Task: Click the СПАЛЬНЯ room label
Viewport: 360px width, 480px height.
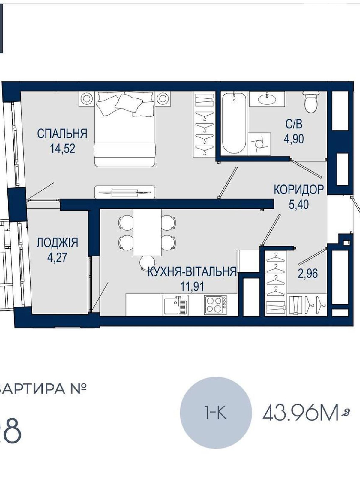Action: [62, 133]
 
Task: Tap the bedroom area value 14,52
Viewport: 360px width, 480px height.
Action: [63, 148]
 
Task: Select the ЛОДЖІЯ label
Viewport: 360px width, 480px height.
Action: [57, 243]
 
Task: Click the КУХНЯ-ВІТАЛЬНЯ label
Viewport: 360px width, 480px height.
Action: [192, 272]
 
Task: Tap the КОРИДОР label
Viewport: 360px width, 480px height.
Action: [298, 189]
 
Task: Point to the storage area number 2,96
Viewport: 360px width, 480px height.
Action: [307, 273]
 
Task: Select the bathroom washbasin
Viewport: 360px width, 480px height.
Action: [267, 99]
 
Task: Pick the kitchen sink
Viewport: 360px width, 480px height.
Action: [175, 305]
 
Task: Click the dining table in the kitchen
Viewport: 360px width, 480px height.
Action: [147, 232]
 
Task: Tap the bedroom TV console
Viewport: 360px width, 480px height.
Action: [125, 192]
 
